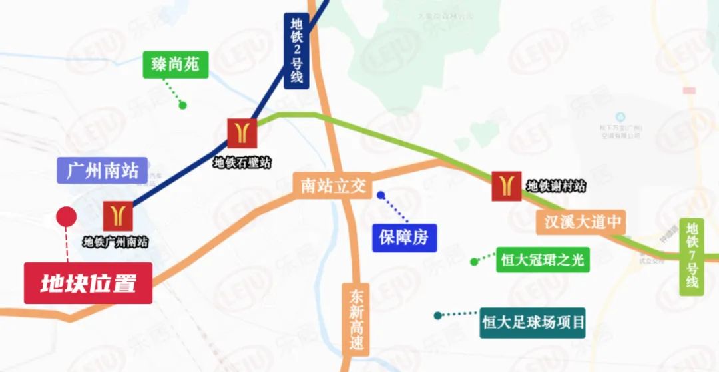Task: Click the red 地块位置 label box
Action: pos(89,283)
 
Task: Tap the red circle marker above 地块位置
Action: pos(66,216)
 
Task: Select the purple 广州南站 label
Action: pos(103,171)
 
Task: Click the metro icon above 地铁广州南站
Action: pos(119,216)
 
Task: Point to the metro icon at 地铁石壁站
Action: pos(242,132)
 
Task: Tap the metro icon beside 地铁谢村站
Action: pos(506,186)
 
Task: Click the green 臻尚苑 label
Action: pos(171,65)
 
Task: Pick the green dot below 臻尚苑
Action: pos(182,105)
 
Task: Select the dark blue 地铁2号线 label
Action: pos(296,51)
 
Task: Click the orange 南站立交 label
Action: pos(333,186)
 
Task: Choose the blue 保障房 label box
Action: pos(404,238)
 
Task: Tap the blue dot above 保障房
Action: pos(381,196)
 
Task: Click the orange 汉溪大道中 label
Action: pos(581,222)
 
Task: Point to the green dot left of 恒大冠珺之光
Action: pos(474,262)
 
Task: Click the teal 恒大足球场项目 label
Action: pos(533,323)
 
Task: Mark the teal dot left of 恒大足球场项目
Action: pos(437,315)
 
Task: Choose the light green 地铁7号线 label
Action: pos(692,256)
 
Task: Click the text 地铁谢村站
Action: pos(556,186)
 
